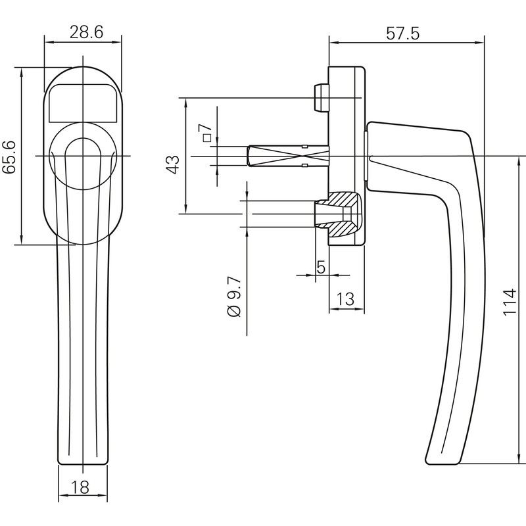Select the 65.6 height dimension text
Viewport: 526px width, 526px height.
10,156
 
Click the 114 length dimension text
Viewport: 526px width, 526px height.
510,302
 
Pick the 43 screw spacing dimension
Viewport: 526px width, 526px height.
172,164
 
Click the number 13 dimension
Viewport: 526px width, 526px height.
345,300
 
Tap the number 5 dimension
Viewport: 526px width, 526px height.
321,268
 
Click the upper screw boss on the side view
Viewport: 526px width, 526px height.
320,98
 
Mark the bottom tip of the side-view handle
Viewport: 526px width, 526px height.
442,460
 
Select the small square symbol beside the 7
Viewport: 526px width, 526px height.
206,138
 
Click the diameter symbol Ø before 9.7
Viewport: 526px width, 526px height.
235,312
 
